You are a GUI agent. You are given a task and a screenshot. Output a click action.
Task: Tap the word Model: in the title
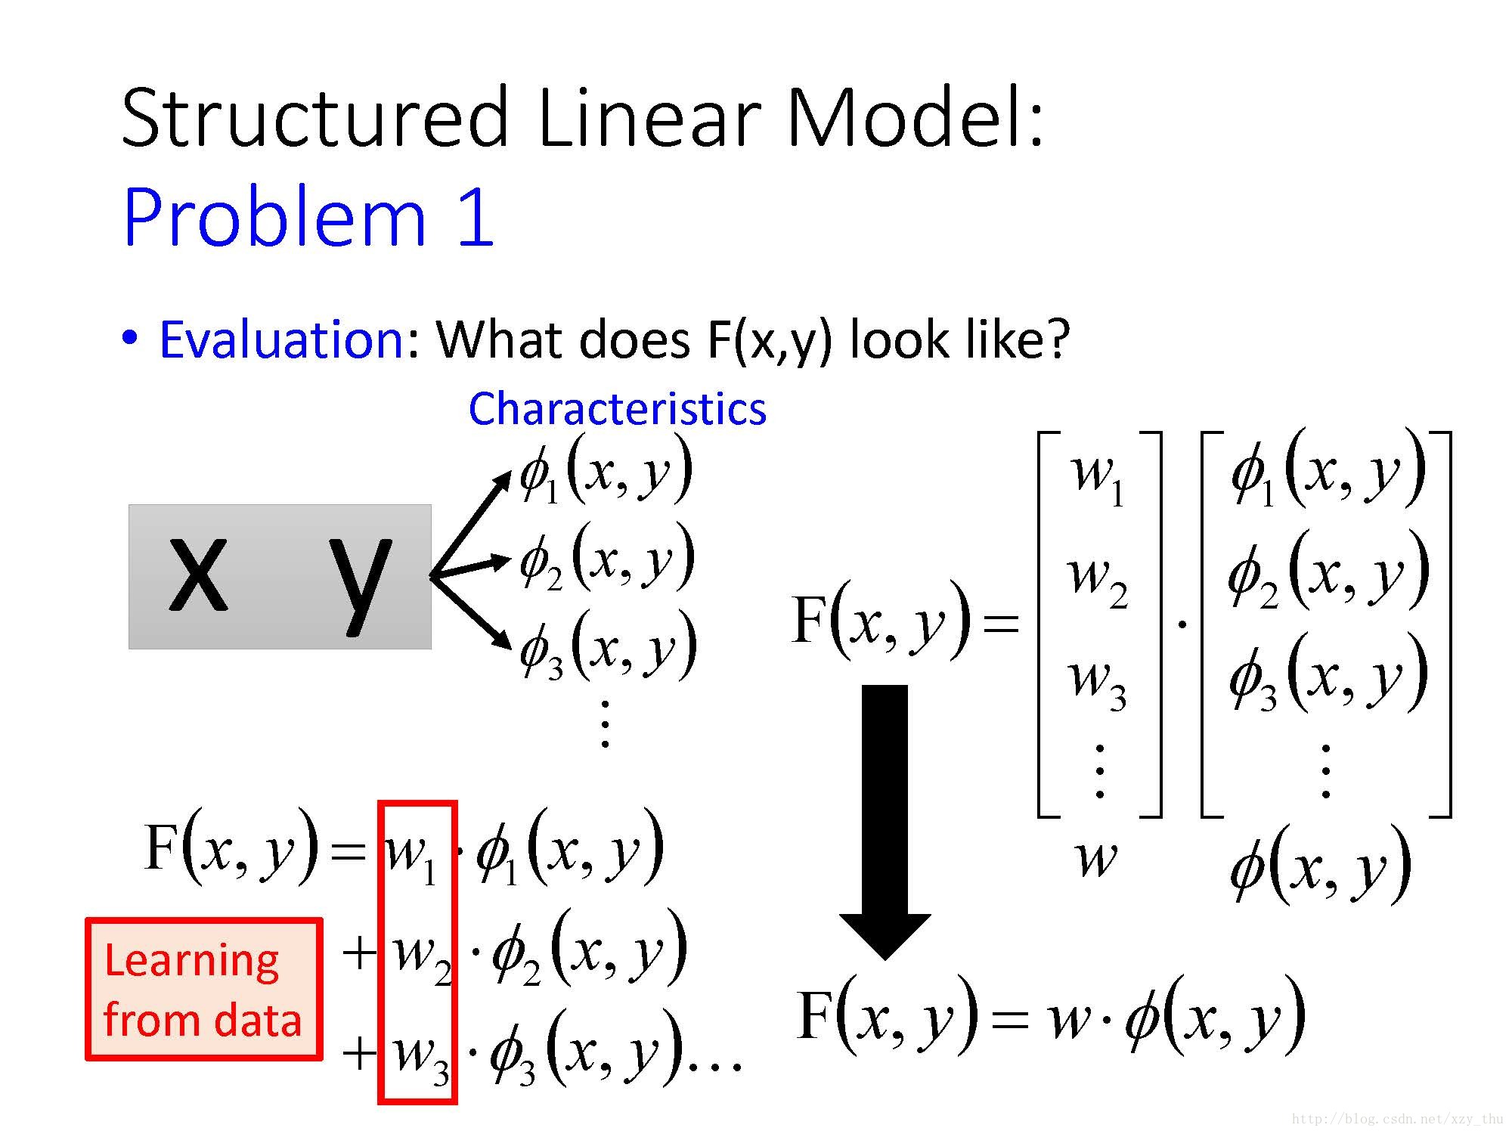coord(915,119)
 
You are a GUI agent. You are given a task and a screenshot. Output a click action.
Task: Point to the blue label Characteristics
coord(617,409)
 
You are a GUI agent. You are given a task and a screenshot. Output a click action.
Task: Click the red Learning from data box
coord(203,989)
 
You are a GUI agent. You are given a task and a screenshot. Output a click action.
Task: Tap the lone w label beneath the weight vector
coord(1095,858)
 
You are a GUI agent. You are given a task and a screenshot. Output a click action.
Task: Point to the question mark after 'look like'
coord(1055,339)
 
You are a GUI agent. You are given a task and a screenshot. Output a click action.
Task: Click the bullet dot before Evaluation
coord(131,338)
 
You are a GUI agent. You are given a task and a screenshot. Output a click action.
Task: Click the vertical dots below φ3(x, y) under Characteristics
coord(605,723)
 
